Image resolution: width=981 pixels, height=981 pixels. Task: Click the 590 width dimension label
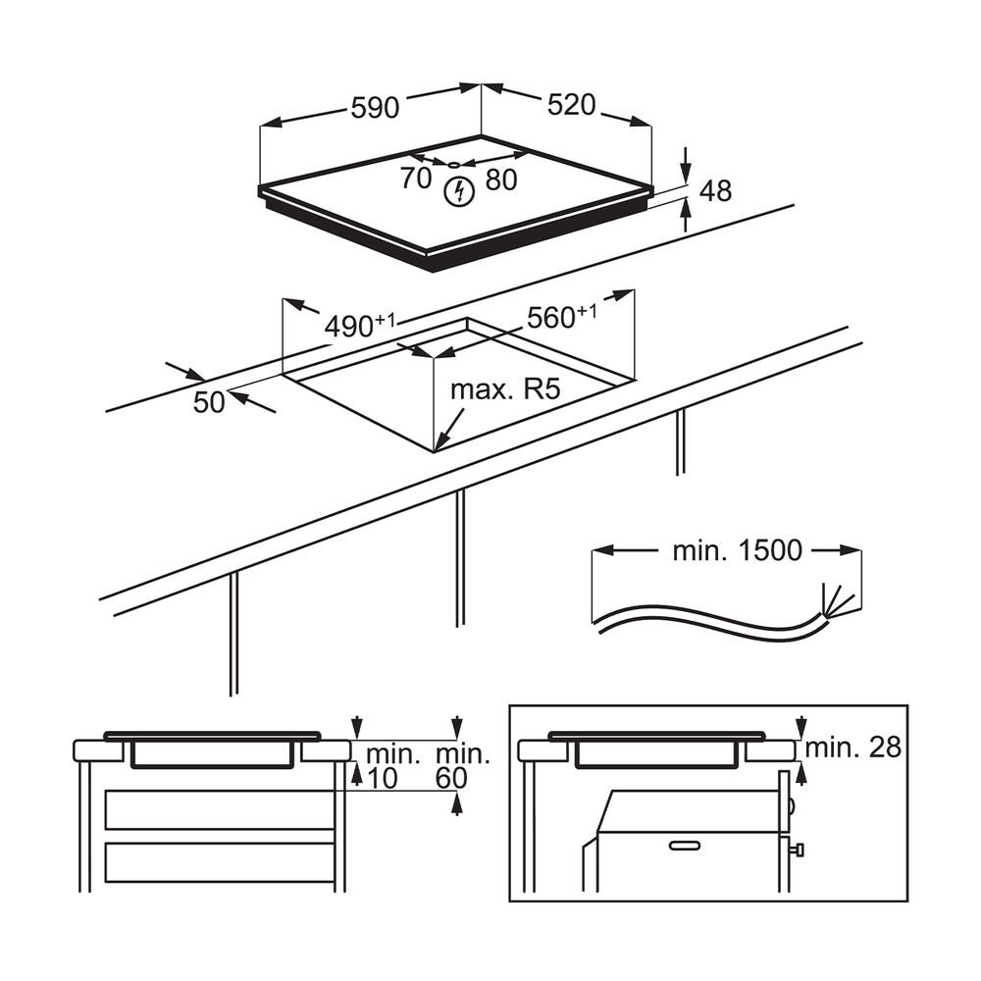(x=376, y=107)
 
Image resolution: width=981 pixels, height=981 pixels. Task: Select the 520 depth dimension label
(x=572, y=105)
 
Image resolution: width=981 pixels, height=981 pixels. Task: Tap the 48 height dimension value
(x=716, y=191)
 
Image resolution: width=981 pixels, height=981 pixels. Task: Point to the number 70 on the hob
(x=416, y=179)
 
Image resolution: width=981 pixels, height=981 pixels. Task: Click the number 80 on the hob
(x=500, y=180)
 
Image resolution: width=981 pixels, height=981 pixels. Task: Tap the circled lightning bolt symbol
(x=456, y=192)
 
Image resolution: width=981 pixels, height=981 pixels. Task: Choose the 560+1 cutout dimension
(x=561, y=317)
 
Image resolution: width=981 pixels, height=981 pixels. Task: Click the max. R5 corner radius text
(x=504, y=389)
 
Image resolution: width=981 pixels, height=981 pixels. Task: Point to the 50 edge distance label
(x=209, y=402)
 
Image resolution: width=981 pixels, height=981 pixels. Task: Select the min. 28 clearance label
(x=852, y=748)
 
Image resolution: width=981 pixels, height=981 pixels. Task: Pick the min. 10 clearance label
(x=392, y=766)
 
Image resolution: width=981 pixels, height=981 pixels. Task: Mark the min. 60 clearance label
(x=462, y=766)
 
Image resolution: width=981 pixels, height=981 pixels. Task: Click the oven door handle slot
(x=692, y=844)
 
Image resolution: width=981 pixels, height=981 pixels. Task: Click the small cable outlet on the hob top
(x=455, y=164)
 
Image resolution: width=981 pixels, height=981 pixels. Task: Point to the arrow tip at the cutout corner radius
(x=438, y=447)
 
